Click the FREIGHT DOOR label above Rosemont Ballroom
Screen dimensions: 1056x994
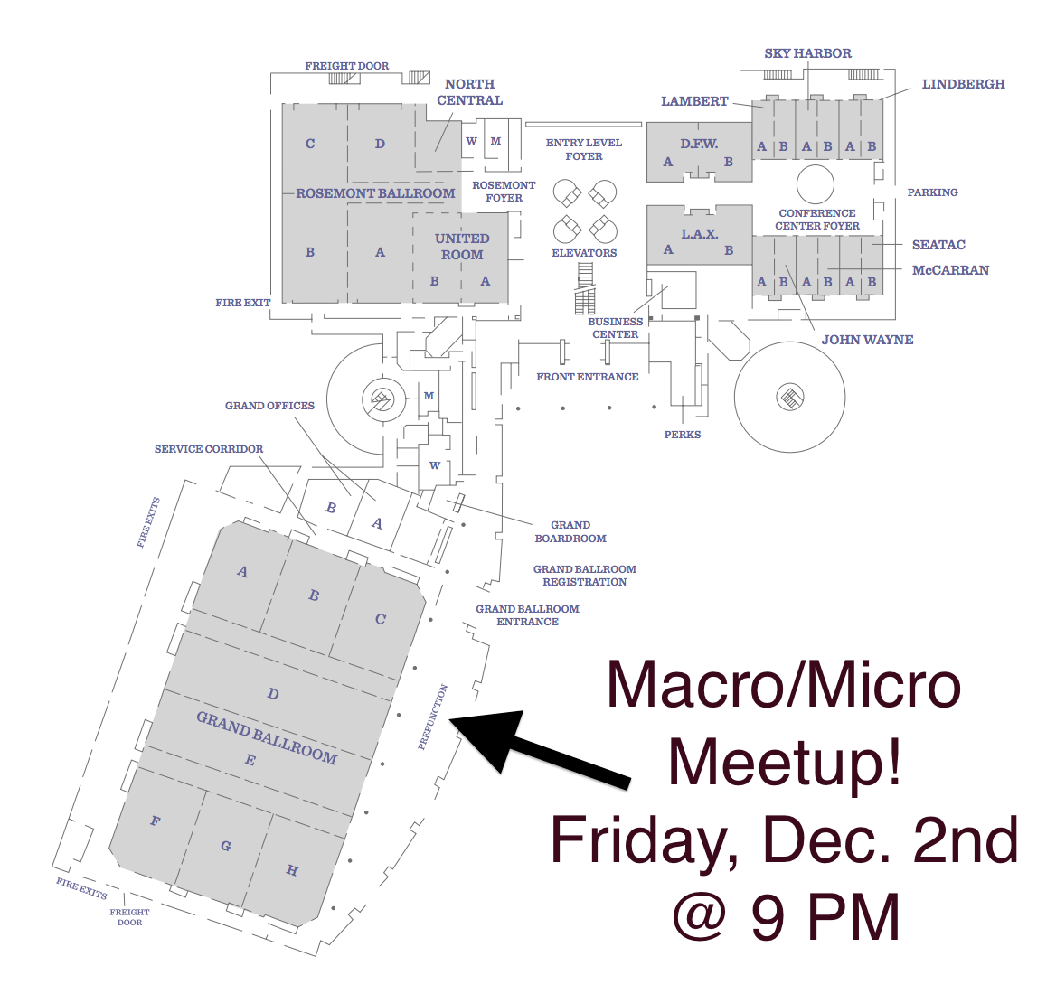(347, 66)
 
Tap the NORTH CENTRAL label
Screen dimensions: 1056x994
(470, 92)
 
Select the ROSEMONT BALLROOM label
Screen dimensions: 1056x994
(376, 193)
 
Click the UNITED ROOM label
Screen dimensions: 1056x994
(462, 247)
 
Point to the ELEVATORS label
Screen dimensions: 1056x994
(584, 253)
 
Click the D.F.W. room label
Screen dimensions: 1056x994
(699, 144)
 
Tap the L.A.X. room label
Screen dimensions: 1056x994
(700, 234)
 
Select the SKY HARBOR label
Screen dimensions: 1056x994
(807, 53)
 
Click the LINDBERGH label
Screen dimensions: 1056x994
(963, 84)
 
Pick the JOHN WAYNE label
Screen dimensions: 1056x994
(867, 340)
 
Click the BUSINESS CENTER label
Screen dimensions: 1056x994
(616, 328)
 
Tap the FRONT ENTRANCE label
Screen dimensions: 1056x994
(588, 377)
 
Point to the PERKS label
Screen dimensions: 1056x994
(683, 435)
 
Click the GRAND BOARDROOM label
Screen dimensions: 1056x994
(570, 531)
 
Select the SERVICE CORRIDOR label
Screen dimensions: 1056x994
(209, 449)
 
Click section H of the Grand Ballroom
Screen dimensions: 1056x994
(292, 870)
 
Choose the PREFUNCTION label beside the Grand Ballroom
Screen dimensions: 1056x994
(432, 717)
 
